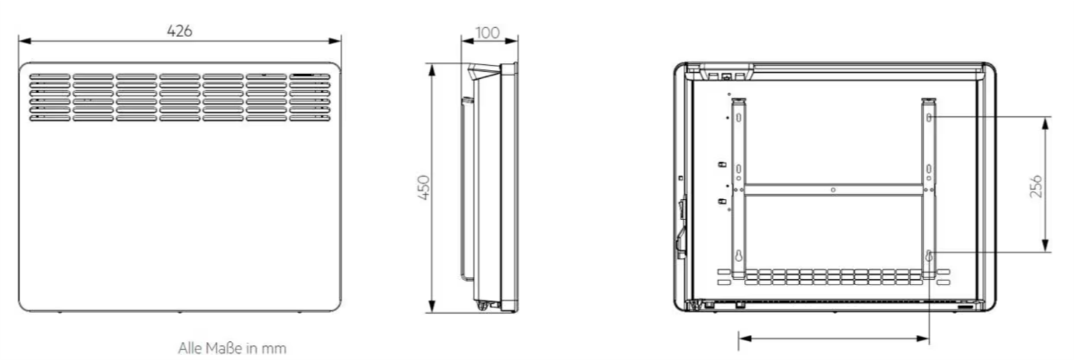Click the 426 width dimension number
[180, 31]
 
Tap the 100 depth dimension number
[487, 33]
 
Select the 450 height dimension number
[424, 187]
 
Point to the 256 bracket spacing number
[1036, 186]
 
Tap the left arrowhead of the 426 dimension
[24, 41]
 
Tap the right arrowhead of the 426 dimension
[335, 41]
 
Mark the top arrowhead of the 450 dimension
[432, 70]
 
